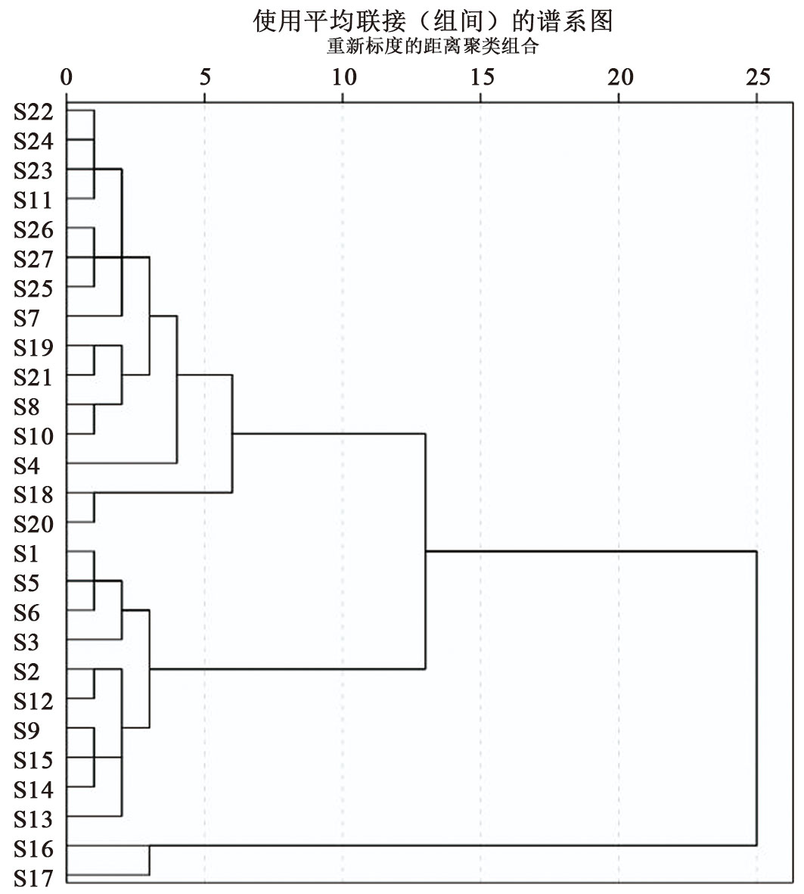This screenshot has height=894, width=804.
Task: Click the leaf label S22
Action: [33, 112]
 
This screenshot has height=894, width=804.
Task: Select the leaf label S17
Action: [33, 878]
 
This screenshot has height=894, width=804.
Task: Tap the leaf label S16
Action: [33, 849]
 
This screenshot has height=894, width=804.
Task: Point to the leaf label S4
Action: [27, 466]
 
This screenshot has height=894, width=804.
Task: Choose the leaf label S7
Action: [27, 318]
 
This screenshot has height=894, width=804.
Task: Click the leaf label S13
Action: [33, 819]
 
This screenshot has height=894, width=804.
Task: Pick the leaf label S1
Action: [27, 554]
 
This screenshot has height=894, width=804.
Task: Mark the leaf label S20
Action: [33, 525]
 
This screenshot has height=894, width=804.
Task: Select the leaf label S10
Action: [33, 436]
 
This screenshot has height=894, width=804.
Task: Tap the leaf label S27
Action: [33, 260]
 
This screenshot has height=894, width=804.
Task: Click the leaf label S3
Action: [27, 643]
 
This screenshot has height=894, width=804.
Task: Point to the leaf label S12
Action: [33, 702]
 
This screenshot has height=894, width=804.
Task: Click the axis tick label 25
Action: [757, 77]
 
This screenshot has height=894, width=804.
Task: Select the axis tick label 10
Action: [343, 77]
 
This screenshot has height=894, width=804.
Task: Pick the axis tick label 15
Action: [481, 77]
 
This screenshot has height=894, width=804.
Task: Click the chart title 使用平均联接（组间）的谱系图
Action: [433, 21]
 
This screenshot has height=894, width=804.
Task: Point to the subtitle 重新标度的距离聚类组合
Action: [433, 46]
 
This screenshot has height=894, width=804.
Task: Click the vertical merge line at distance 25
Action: [756, 699]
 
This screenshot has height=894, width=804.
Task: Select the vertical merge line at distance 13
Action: [425, 552]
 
